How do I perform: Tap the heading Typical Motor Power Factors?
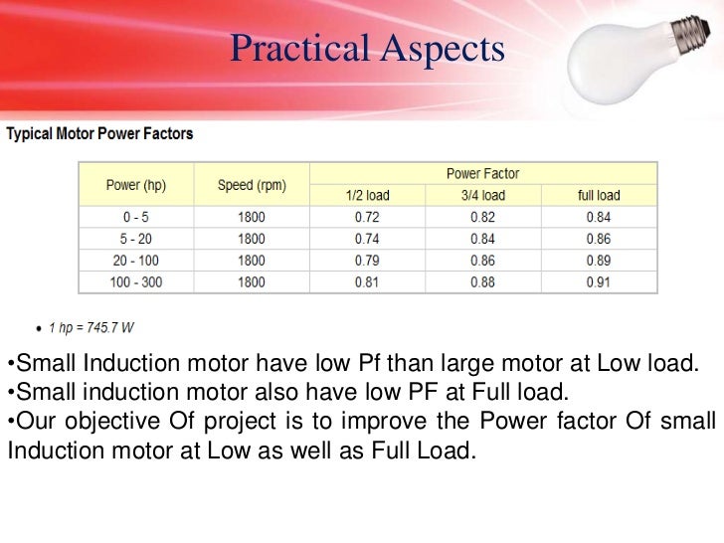click(100, 132)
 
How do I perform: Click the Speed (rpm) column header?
click(251, 186)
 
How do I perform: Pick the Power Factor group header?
click(483, 173)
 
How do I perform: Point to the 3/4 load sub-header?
click(483, 196)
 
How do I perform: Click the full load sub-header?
click(599, 196)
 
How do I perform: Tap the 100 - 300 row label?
click(137, 281)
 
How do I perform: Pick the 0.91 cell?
click(599, 281)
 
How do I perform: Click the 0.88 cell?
click(483, 281)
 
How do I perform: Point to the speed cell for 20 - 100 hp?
click(251, 261)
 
